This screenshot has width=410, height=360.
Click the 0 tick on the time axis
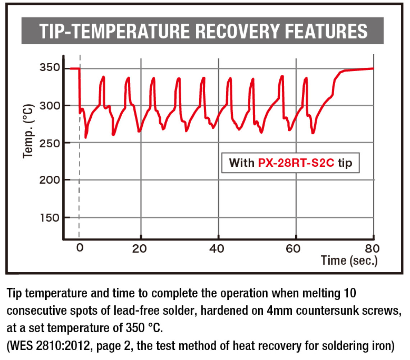click(x=79, y=248)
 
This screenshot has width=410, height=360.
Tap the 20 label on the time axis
click(x=141, y=248)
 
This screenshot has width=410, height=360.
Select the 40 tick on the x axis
click(x=219, y=248)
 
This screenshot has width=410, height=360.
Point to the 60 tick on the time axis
click(x=296, y=248)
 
